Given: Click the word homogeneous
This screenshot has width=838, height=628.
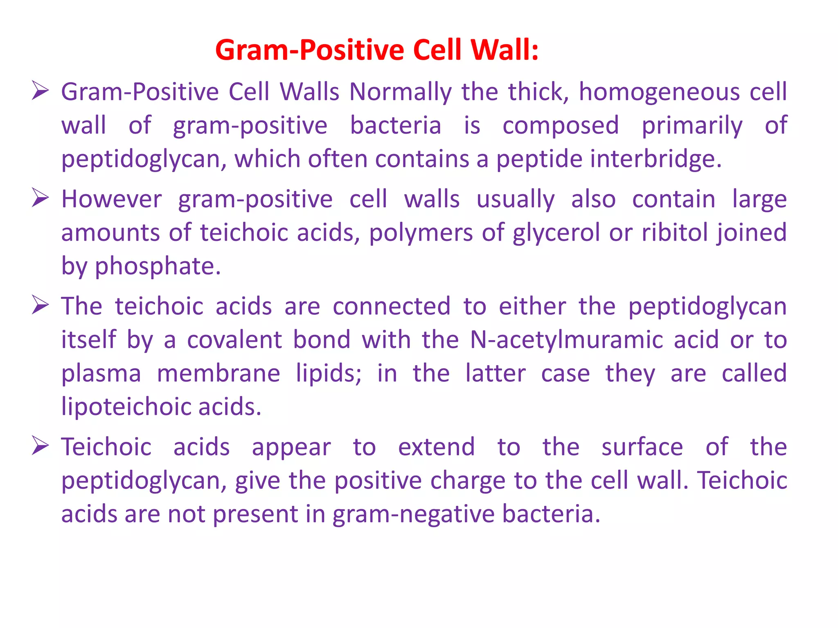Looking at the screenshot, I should click(659, 92).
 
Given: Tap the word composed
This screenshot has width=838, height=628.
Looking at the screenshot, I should click(561, 125).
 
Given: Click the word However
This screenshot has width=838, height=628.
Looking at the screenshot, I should click(111, 200).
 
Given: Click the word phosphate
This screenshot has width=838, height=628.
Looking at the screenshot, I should click(158, 267).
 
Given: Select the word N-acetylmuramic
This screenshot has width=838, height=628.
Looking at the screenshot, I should click(566, 340).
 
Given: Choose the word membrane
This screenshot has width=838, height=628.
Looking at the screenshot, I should click(219, 374).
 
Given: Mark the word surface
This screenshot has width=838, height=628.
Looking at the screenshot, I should click(642, 447).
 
